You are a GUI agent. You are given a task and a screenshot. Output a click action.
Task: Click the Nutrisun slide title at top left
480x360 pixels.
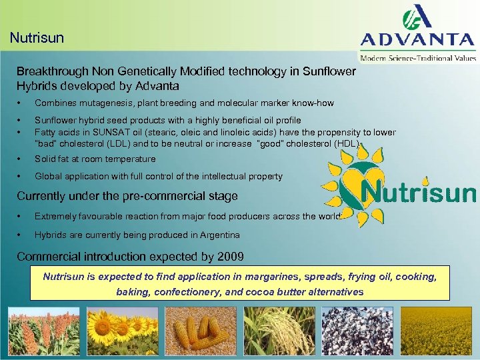[x=37, y=37]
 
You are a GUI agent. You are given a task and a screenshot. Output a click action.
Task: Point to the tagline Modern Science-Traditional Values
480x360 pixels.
[x=418, y=58]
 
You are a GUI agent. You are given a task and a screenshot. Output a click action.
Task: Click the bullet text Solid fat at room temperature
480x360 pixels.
[x=95, y=159]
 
